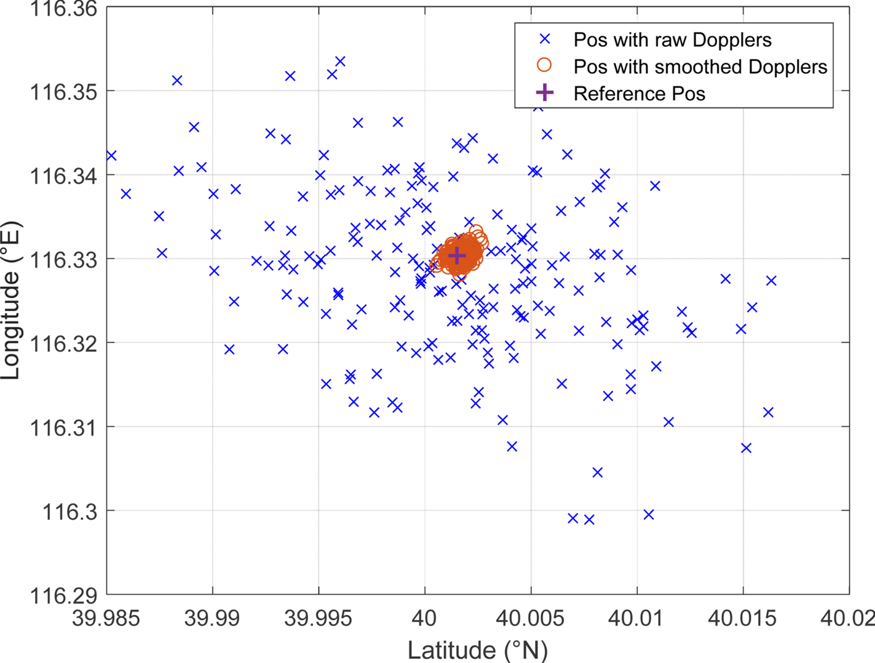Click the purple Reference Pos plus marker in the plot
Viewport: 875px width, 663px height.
coord(457,256)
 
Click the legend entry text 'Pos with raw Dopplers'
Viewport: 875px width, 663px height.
coord(672,40)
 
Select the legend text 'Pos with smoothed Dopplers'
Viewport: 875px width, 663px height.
coord(700,67)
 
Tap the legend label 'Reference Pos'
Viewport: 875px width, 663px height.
coord(639,94)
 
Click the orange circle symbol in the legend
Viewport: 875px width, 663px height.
coord(544,66)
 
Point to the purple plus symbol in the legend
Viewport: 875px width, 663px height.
coord(544,93)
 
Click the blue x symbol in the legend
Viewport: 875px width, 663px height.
coord(544,39)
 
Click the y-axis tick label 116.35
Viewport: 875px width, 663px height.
coord(64,92)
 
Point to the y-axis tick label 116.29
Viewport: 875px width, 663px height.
coord(64,596)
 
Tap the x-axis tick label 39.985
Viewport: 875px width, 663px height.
coord(106,619)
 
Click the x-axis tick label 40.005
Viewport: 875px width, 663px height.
coord(530,619)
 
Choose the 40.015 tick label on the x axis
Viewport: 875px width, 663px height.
coord(742,619)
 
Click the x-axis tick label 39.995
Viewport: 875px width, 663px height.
coord(318,619)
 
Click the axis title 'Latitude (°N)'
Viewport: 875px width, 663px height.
coord(477,650)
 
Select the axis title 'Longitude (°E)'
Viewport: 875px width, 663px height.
coord(11,300)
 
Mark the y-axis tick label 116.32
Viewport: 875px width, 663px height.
coord(64,343)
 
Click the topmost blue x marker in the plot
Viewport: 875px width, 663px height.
coord(340,61)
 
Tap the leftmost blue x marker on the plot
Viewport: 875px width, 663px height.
coord(111,156)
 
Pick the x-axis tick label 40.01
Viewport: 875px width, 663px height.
coord(636,619)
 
